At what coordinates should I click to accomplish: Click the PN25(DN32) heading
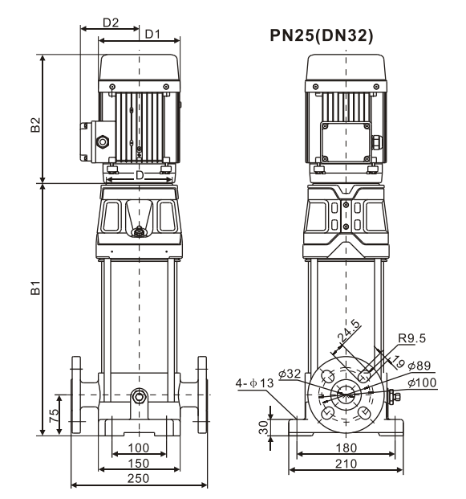[x=321, y=35]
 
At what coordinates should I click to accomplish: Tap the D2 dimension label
[x=111, y=22]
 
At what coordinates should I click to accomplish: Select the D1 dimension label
[x=152, y=34]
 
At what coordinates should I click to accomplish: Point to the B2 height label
[x=35, y=125]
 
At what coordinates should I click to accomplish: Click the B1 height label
[x=35, y=288]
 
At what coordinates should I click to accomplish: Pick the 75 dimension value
[x=54, y=415]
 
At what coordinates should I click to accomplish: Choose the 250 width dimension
[x=138, y=478]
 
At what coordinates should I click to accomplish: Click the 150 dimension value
[x=138, y=464]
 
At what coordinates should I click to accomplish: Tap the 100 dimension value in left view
[x=138, y=448]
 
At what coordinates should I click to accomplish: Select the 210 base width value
[x=346, y=464]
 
